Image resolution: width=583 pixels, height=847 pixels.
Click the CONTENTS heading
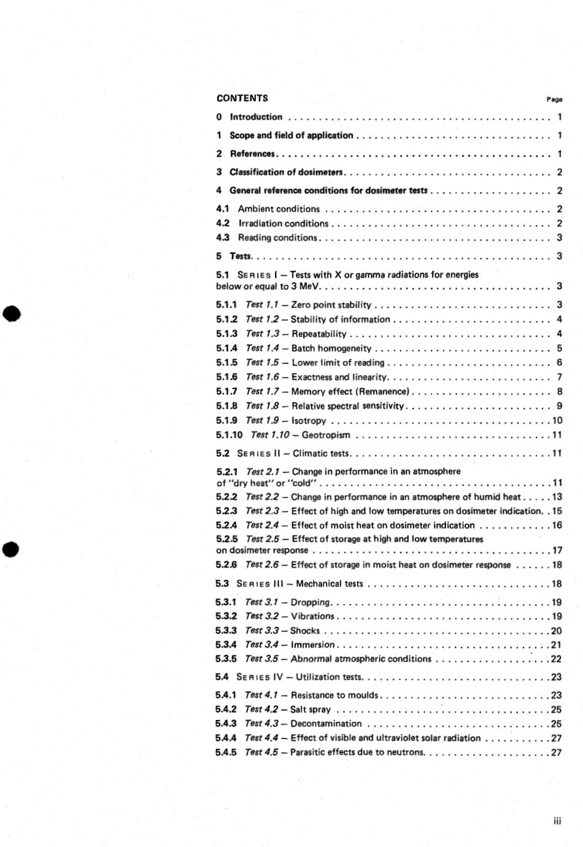pos(242,98)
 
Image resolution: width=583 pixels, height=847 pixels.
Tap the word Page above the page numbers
pos(554,99)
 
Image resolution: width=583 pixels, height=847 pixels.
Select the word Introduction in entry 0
pos(256,117)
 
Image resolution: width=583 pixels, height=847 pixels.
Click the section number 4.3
pos(222,238)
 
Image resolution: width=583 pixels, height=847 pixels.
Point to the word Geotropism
pos(326,435)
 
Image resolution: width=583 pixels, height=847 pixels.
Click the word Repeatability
pos(319,334)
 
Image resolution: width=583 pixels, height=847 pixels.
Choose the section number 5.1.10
pos(229,435)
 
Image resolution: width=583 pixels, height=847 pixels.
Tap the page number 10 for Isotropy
pos(557,420)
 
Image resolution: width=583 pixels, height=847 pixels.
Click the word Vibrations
pos(312,616)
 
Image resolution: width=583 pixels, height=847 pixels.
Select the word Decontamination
pos(326,724)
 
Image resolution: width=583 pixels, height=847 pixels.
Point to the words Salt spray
pos(311,710)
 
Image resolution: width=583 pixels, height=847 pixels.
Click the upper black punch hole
pos(12,314)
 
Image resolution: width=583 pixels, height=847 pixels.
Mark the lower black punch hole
pos(12,548)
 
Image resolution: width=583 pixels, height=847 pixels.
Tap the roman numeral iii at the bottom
pos(557,821)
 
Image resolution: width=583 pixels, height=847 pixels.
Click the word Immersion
pos(312,645)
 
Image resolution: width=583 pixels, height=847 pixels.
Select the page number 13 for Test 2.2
pos(557,497)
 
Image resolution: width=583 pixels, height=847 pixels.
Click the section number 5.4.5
pos(226,752)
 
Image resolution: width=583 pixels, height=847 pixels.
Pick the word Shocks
pos(305,631)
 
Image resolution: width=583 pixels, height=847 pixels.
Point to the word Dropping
pos(310,603)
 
